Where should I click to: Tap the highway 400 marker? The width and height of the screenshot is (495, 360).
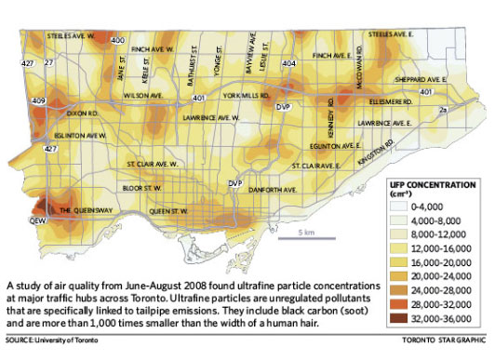point(118,42)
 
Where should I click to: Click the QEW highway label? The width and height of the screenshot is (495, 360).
point(38,222)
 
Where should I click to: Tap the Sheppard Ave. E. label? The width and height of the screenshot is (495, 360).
point(424,79)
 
